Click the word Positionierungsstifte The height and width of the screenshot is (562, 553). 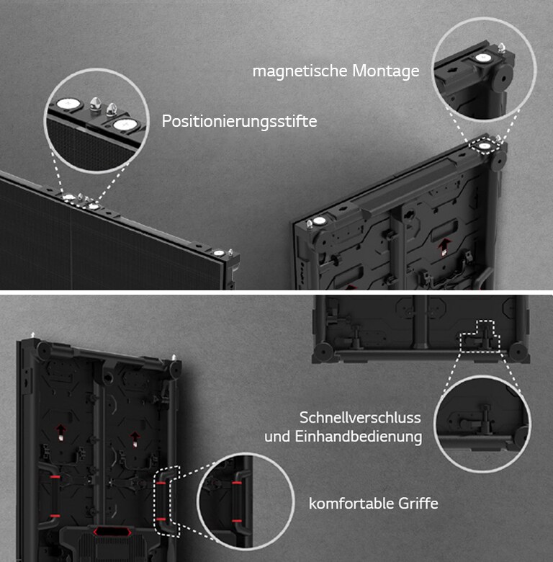click(239, 121)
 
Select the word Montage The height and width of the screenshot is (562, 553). click(385, 71)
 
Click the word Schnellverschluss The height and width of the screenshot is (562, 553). click(360, 418)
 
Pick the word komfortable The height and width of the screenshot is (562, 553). click(346, 503)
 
